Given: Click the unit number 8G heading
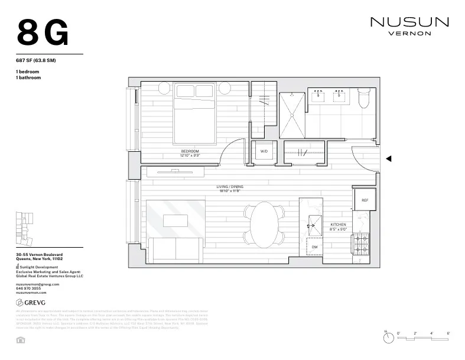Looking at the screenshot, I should pos(43,33).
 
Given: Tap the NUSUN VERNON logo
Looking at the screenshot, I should pos(409,26).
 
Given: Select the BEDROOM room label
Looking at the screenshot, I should pos(190,151).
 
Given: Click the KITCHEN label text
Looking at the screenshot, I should pos(338,225).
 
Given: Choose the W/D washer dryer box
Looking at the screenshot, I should pos(264,151).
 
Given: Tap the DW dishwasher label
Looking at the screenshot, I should pos(314,247).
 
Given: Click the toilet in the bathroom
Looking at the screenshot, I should pos(364,98).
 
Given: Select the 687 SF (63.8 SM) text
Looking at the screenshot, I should pos(35,61).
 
